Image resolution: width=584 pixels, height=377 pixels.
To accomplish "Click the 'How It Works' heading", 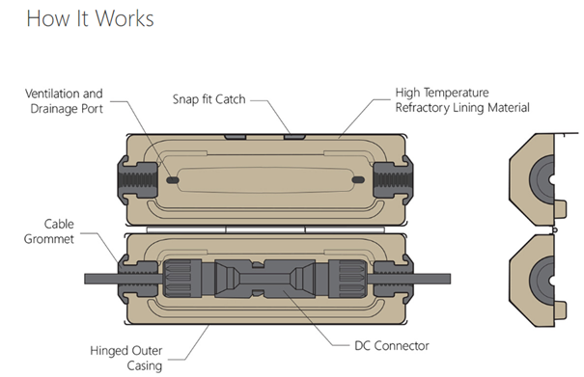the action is pyautogui.click(x=90, y=18).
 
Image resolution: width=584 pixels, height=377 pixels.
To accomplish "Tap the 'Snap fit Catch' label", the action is pyautogui.click(x=209, y=99).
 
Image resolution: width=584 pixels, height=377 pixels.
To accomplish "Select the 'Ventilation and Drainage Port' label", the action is pyautogui.click(x=64, y=101).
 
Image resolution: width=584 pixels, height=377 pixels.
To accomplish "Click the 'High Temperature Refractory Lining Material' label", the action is pyautogui.click(x=462, y=99).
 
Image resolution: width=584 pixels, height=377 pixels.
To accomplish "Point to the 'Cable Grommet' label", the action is pyautogui.click(x=49, y=231).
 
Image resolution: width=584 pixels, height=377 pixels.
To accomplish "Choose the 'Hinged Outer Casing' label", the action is pyautogui.click(x=126, y=358).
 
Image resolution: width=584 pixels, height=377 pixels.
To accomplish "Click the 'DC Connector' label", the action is pyautogui.click(x=392, y=346).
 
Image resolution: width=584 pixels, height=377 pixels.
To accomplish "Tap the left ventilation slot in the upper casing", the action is pyautogui.click(x=173, y=180).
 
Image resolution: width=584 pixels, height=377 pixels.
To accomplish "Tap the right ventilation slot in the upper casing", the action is pyautogui.click(x=358, y=180).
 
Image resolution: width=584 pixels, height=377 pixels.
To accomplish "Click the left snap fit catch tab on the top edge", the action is pyautogui.click(x=235, y=137).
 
